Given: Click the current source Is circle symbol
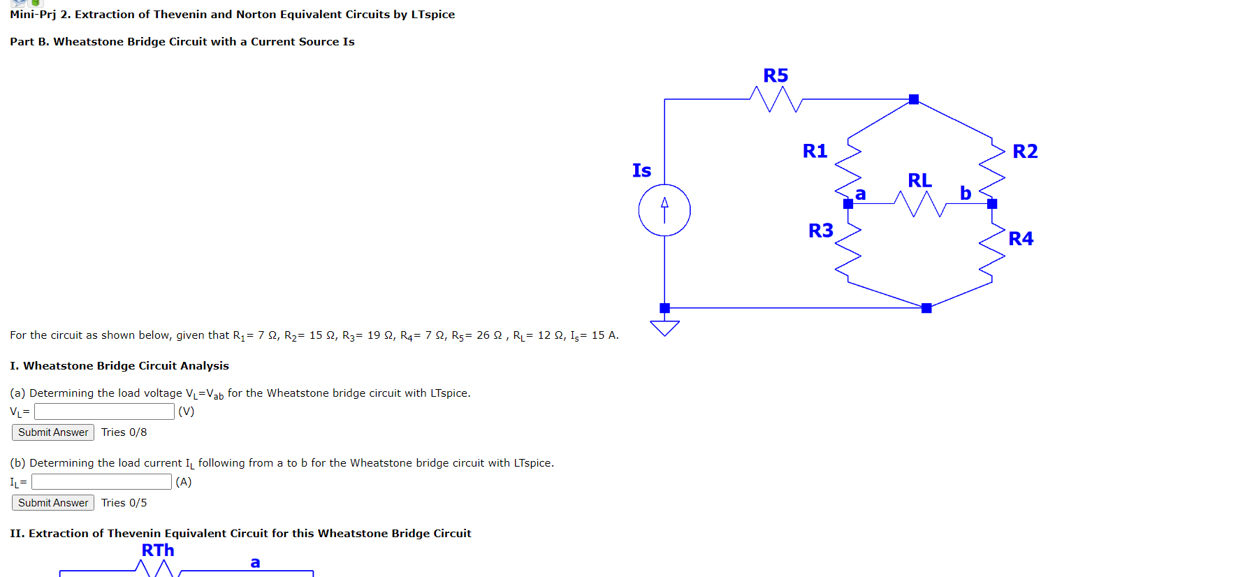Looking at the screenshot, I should pyautogui.click(x=664, y=210).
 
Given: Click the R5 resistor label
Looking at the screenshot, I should pyautogui.click(x=776, y=75).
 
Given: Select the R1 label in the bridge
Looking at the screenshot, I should pyautogui.click(x=815, y=151).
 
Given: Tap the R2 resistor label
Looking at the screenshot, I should pyautogui.click(x=1025, y=152).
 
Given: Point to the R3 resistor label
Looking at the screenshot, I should pyautogui.click(x=821, y=231).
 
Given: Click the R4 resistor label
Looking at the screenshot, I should pyautogui.click(x=1021, y=239).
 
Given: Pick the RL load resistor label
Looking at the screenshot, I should pyautogui.click(x=919, y=180).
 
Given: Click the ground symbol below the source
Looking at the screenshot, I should pyautogui.click(x=664, y=328).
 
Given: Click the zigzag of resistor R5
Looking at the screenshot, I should pyautogui.click(x=776, y=99).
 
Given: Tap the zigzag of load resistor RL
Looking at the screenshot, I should pyautogui.click(x=919, y=204).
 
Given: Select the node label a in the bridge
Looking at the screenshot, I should pyautogui.click(x=861, y=193).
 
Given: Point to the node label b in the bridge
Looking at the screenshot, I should pyautogui.click(x=966, y=193).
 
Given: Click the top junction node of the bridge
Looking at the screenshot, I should pyautogui.click(x=914, y=99).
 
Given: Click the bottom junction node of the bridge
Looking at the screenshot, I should pyautogui.click(x=926, y=308).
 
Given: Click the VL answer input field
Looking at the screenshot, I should pyautogui.click(x=104, y=411).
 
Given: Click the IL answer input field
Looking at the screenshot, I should pyautogui.click(x=101, y=482).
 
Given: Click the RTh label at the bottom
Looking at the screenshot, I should pyautogui.click(x=158, y=550).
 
